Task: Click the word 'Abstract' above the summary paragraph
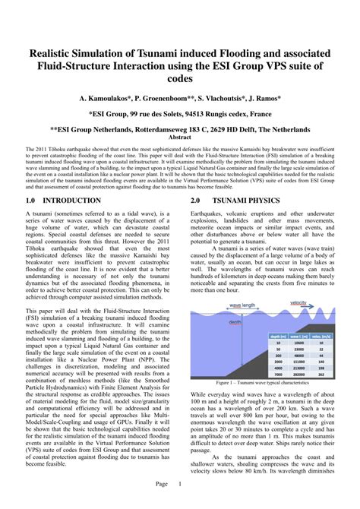pyautogui.click(x=179, y=138)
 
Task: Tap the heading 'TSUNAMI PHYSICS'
pyautogui.click(x=256, y=201)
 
